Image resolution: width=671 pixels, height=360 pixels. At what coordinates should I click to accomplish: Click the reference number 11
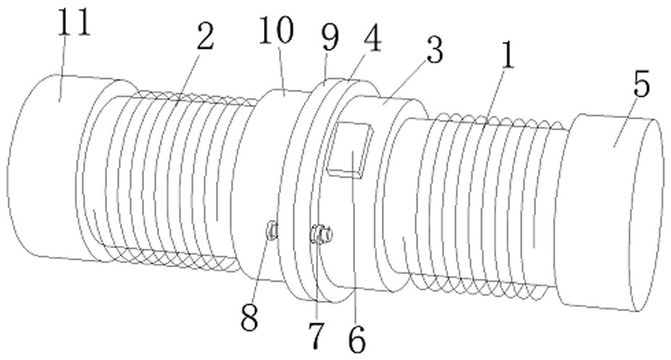(76, 23)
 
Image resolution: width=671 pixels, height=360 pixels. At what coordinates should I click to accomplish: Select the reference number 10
(278, 31)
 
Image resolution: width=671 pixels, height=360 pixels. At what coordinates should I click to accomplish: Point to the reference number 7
(316, 334)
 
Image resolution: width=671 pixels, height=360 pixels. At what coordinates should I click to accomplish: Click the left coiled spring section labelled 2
(174, 181)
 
